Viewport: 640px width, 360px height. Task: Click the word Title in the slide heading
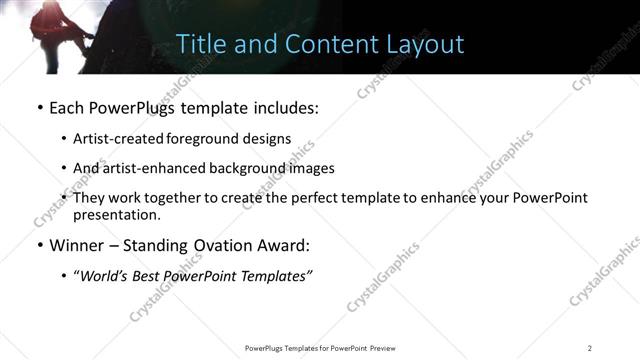click(198, 45)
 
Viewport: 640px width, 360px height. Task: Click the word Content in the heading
click(325, 45)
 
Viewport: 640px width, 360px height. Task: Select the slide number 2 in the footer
click(590, 348)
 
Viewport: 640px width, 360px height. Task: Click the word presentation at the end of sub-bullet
click(116, 214)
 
